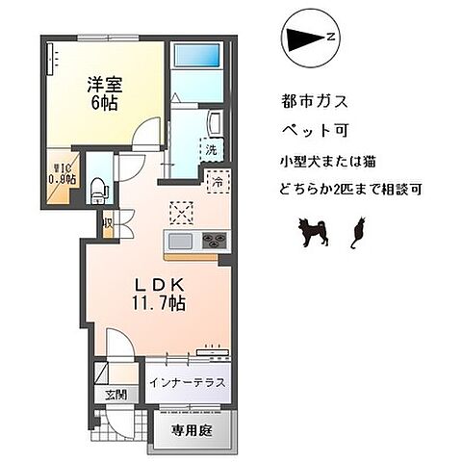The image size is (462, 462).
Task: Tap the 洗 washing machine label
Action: click(x=211, y=149)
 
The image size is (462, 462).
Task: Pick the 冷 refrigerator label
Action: click(x=218, y=180)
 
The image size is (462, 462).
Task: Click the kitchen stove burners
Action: click(x=213, y=240)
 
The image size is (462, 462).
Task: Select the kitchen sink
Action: click(x=181, y=240)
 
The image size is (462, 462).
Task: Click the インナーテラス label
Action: click(x=188, y=382)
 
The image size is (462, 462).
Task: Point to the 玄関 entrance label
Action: click(x=115, y=394)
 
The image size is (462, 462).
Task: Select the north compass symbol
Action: click(x=308, y=38)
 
